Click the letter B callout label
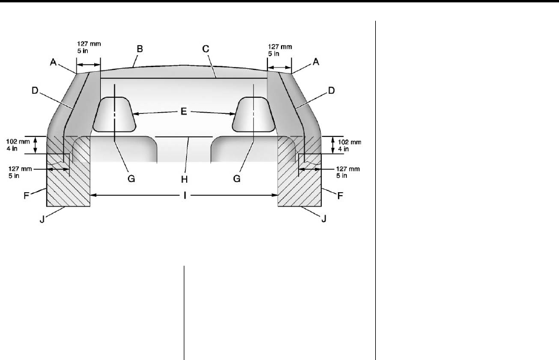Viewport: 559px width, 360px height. (140, 49)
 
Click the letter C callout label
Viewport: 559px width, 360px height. (206, 49)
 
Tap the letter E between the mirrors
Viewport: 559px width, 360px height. (184, 111)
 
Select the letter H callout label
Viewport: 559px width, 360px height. (184, 179)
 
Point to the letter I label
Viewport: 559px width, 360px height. (185, 195)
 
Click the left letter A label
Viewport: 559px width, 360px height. (53, 62)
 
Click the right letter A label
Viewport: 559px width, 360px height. (316, 62)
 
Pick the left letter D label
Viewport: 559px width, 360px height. (34, 91)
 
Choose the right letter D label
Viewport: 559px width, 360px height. (331, 91)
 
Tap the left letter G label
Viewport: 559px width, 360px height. (131, 179)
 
